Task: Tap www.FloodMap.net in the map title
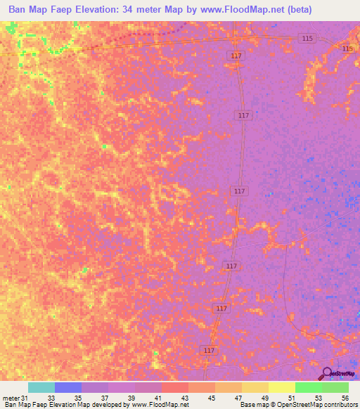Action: [228, 11]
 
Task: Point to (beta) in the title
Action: [295, 11]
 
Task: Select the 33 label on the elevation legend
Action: [51, 397]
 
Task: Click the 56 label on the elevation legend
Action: [345, 397]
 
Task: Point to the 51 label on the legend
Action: [291, 397]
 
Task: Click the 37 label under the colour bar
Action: [104, 397]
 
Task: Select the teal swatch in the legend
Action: [41, 387]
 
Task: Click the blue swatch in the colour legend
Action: [68, 387]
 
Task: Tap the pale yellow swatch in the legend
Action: [282, 387]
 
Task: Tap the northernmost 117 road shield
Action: [236, 56]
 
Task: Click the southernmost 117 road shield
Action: [209, 350]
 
